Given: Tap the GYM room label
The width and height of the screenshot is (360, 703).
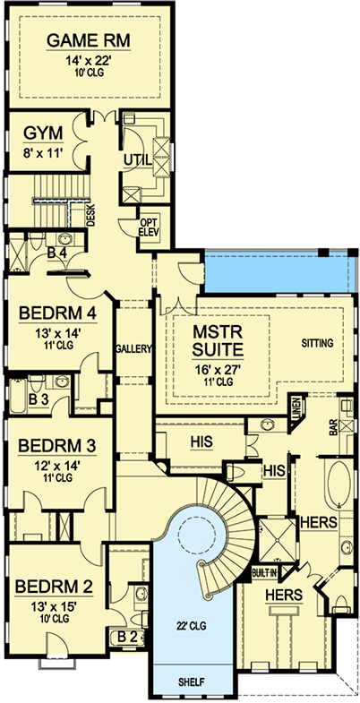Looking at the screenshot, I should tap(44, 133).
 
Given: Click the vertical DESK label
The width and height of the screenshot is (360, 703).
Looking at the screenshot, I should tap(90, 214).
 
